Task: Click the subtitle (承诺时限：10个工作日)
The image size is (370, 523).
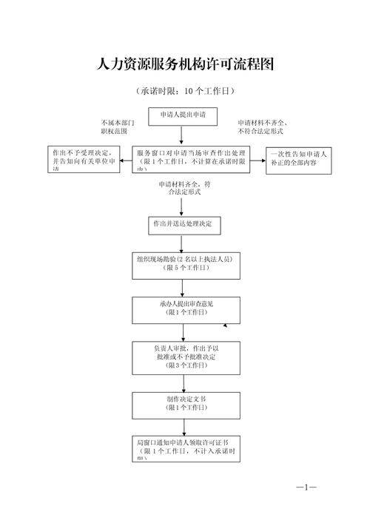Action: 185,92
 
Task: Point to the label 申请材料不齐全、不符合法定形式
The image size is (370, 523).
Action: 262,126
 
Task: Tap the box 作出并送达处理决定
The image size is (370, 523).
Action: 184,223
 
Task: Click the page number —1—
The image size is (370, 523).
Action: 306,487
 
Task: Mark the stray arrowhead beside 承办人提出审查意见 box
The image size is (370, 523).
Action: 235,324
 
